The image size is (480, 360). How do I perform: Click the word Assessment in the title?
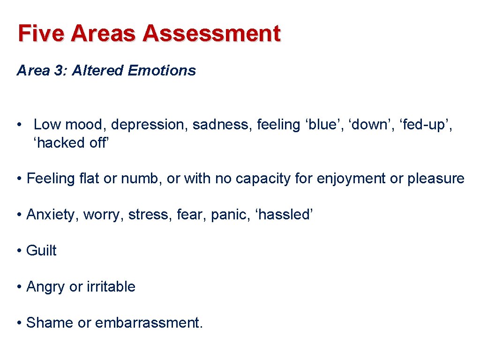(x=212, y=34)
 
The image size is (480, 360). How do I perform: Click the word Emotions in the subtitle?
(x=162, y=71)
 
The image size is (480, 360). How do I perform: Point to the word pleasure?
(x=436, y=179)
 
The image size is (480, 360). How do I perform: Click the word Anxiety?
(x=52, y=215)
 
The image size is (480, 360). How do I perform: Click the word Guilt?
(x=41, y=251)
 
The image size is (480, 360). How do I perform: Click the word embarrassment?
(x=149, y=323)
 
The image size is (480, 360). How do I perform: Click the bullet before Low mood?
(x=19, y=125)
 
